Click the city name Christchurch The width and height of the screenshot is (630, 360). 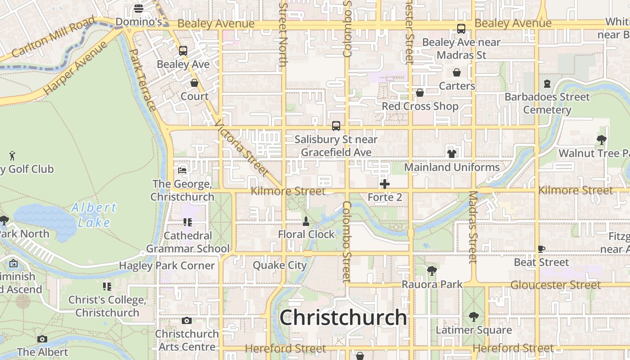click(343, 318)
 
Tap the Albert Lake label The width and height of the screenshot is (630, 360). click(94, 215)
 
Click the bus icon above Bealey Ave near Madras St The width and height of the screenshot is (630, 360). click(461, 29)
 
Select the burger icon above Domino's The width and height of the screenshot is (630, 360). click(139, 9)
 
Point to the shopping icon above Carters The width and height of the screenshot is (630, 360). click(457, 72)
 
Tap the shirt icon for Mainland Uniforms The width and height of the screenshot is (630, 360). click(452, 153)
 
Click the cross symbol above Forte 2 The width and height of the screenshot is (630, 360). click(385, 184)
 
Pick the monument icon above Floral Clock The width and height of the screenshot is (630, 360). click(306, 221)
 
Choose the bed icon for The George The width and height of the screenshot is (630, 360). click(182, 171)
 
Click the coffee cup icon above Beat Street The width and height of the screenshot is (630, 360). click(541, 249)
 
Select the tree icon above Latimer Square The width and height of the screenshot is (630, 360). click(473, 317)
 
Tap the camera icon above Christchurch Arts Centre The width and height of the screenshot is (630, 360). click(187, 320)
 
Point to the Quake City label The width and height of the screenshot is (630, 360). click(279, 265)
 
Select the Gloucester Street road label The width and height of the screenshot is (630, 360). click(555, 285)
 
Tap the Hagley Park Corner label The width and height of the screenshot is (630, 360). click(166, 265)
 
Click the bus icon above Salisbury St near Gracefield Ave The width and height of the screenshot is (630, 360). click(336, 126)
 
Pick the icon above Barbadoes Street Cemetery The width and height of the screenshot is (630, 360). click(547, 84)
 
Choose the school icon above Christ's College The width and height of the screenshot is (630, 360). click(107, 287)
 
